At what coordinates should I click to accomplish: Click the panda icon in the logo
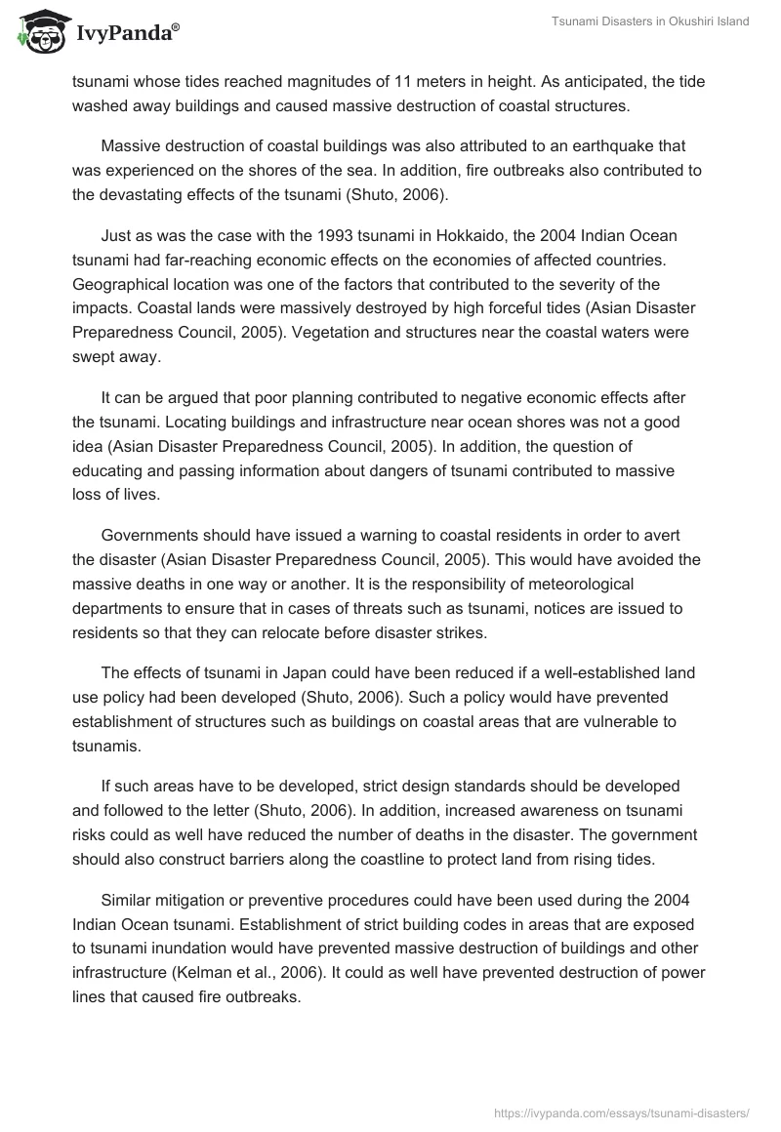pos(38,34)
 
